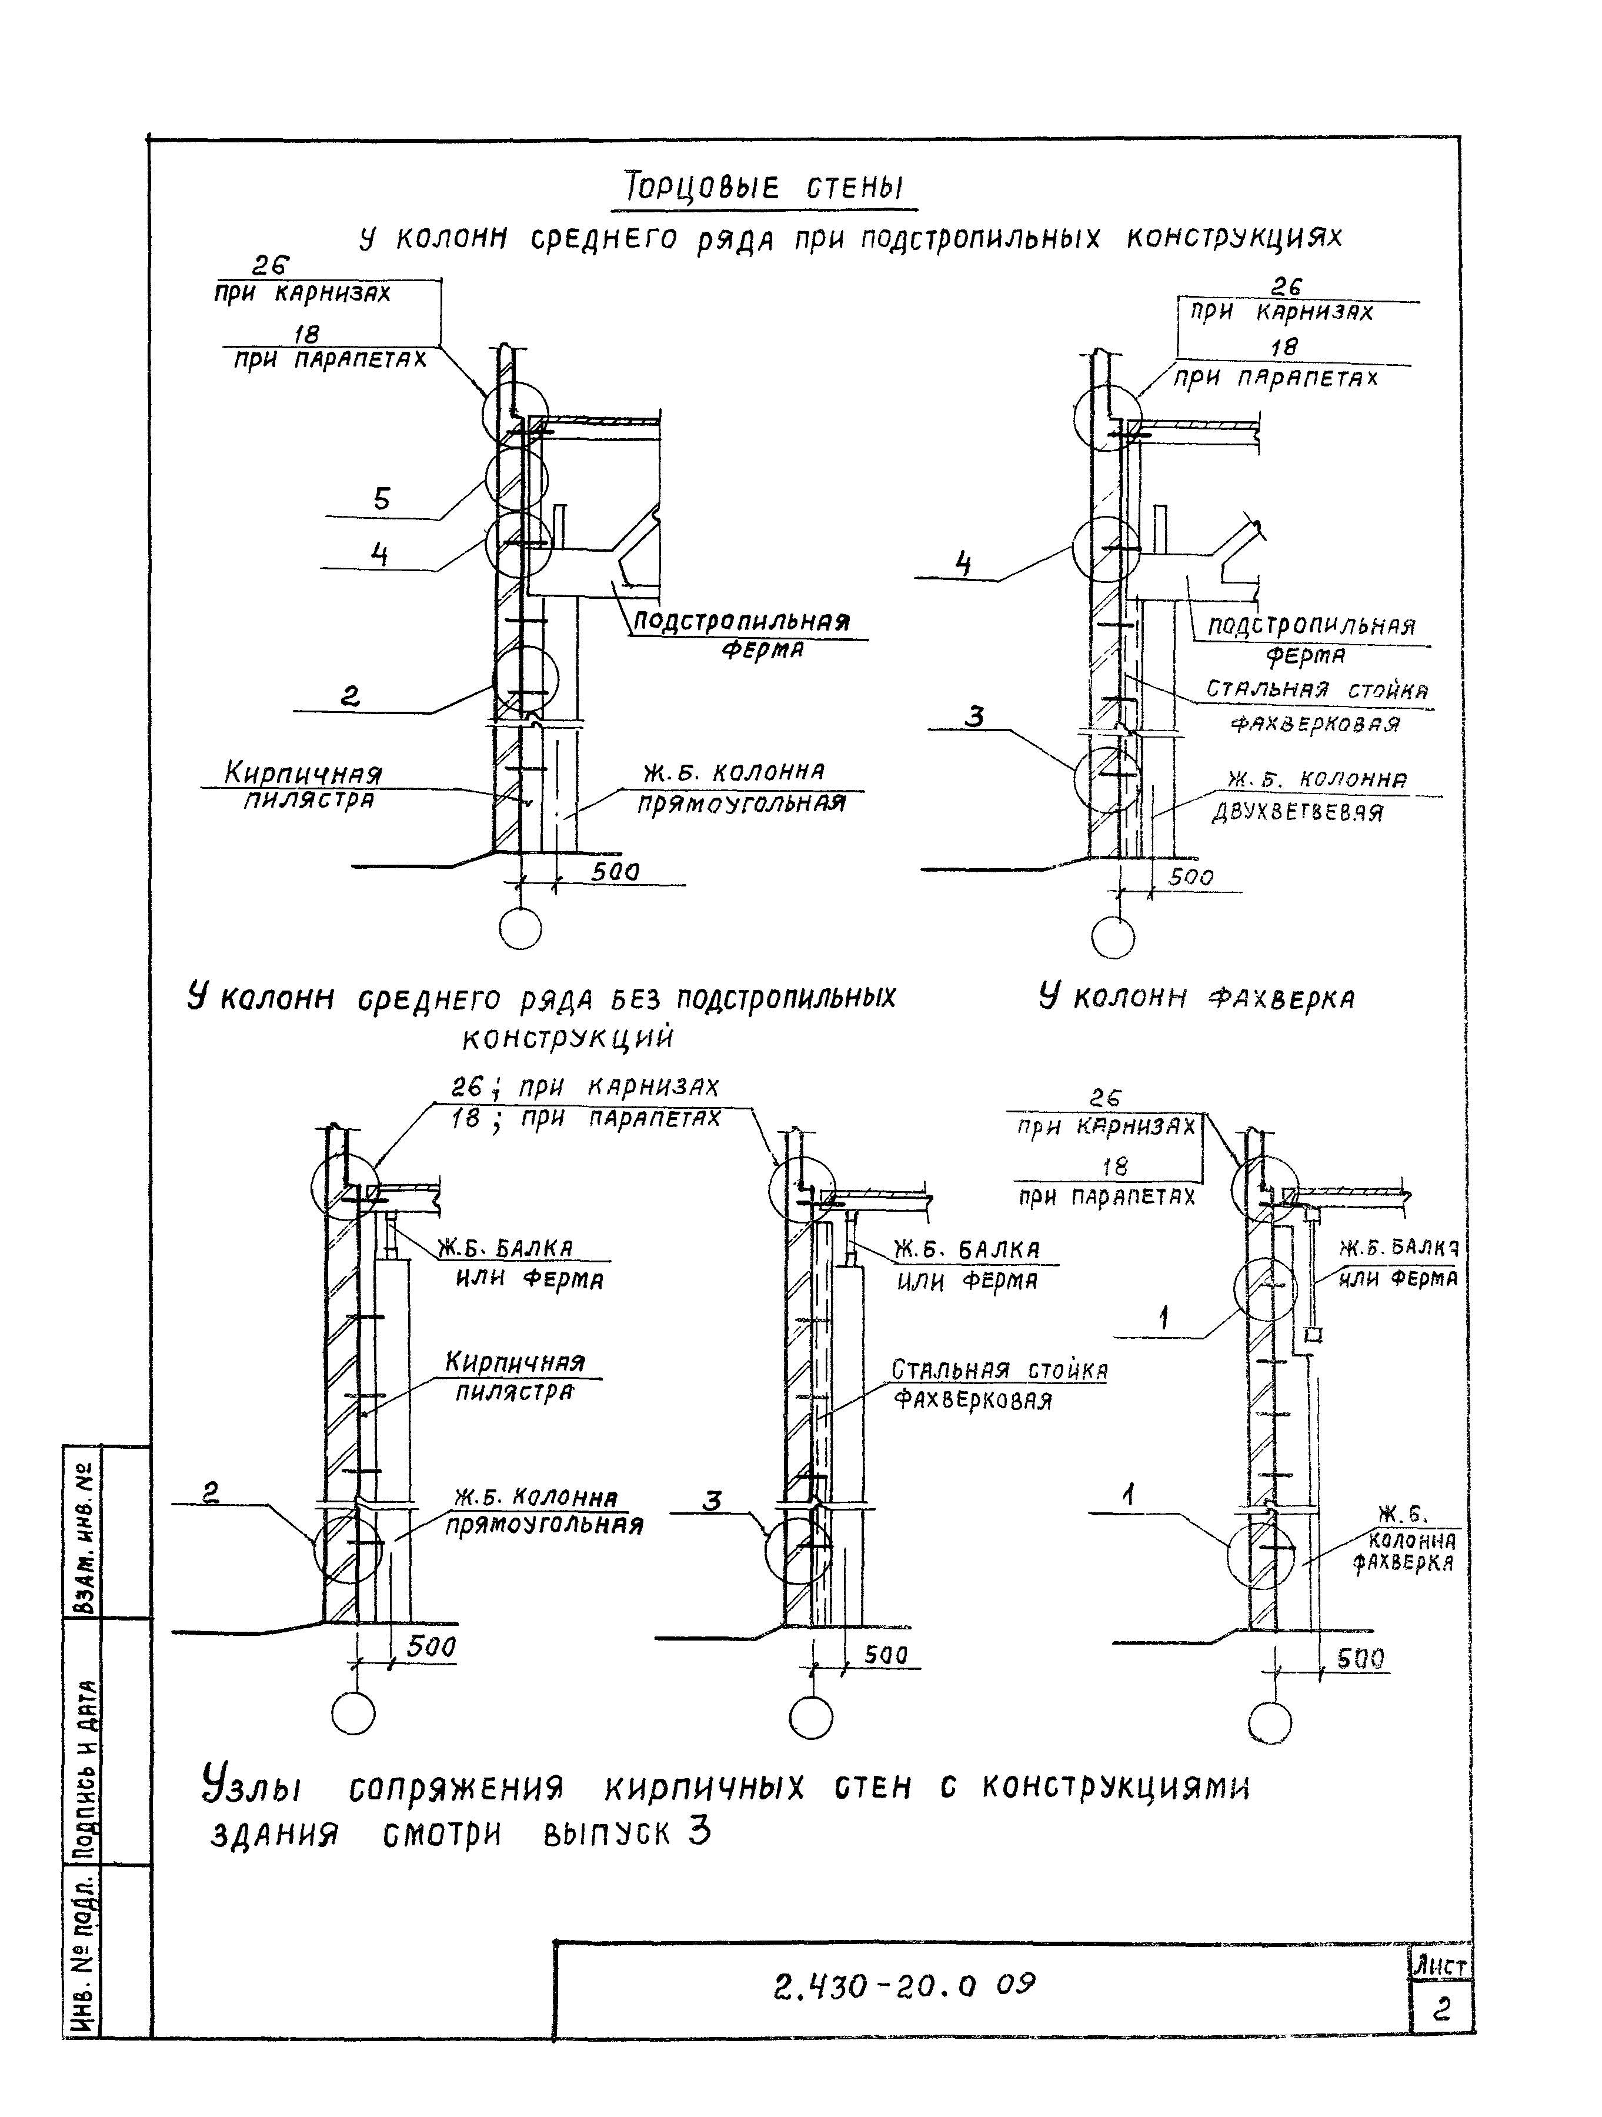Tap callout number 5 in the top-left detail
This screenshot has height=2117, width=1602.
(x=381, y=499)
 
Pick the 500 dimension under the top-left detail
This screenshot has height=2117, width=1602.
(x=615, y=872)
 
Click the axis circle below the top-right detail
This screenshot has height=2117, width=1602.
(x=1113, y=938)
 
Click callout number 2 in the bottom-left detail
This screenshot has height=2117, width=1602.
(x=212, y=1492)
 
